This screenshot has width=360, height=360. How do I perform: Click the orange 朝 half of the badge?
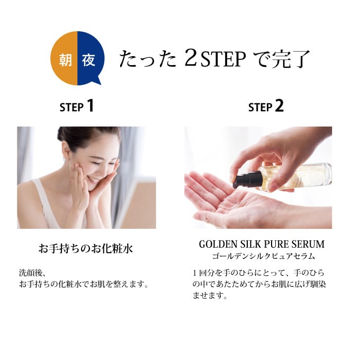(x=64, y=59)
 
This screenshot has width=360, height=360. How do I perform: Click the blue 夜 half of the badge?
(x=89, y=59)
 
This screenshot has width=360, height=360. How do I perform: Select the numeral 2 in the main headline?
(x=190, y=59)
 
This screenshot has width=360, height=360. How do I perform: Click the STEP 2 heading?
(x=266, y=106)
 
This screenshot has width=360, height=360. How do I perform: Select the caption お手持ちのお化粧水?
(x=86, y=248)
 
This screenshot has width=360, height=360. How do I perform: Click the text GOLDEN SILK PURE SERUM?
(x=262, y=245)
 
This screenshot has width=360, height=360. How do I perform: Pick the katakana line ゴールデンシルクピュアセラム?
(x=262, y=256)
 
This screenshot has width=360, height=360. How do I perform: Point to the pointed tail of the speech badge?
(x=96, y=82)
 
